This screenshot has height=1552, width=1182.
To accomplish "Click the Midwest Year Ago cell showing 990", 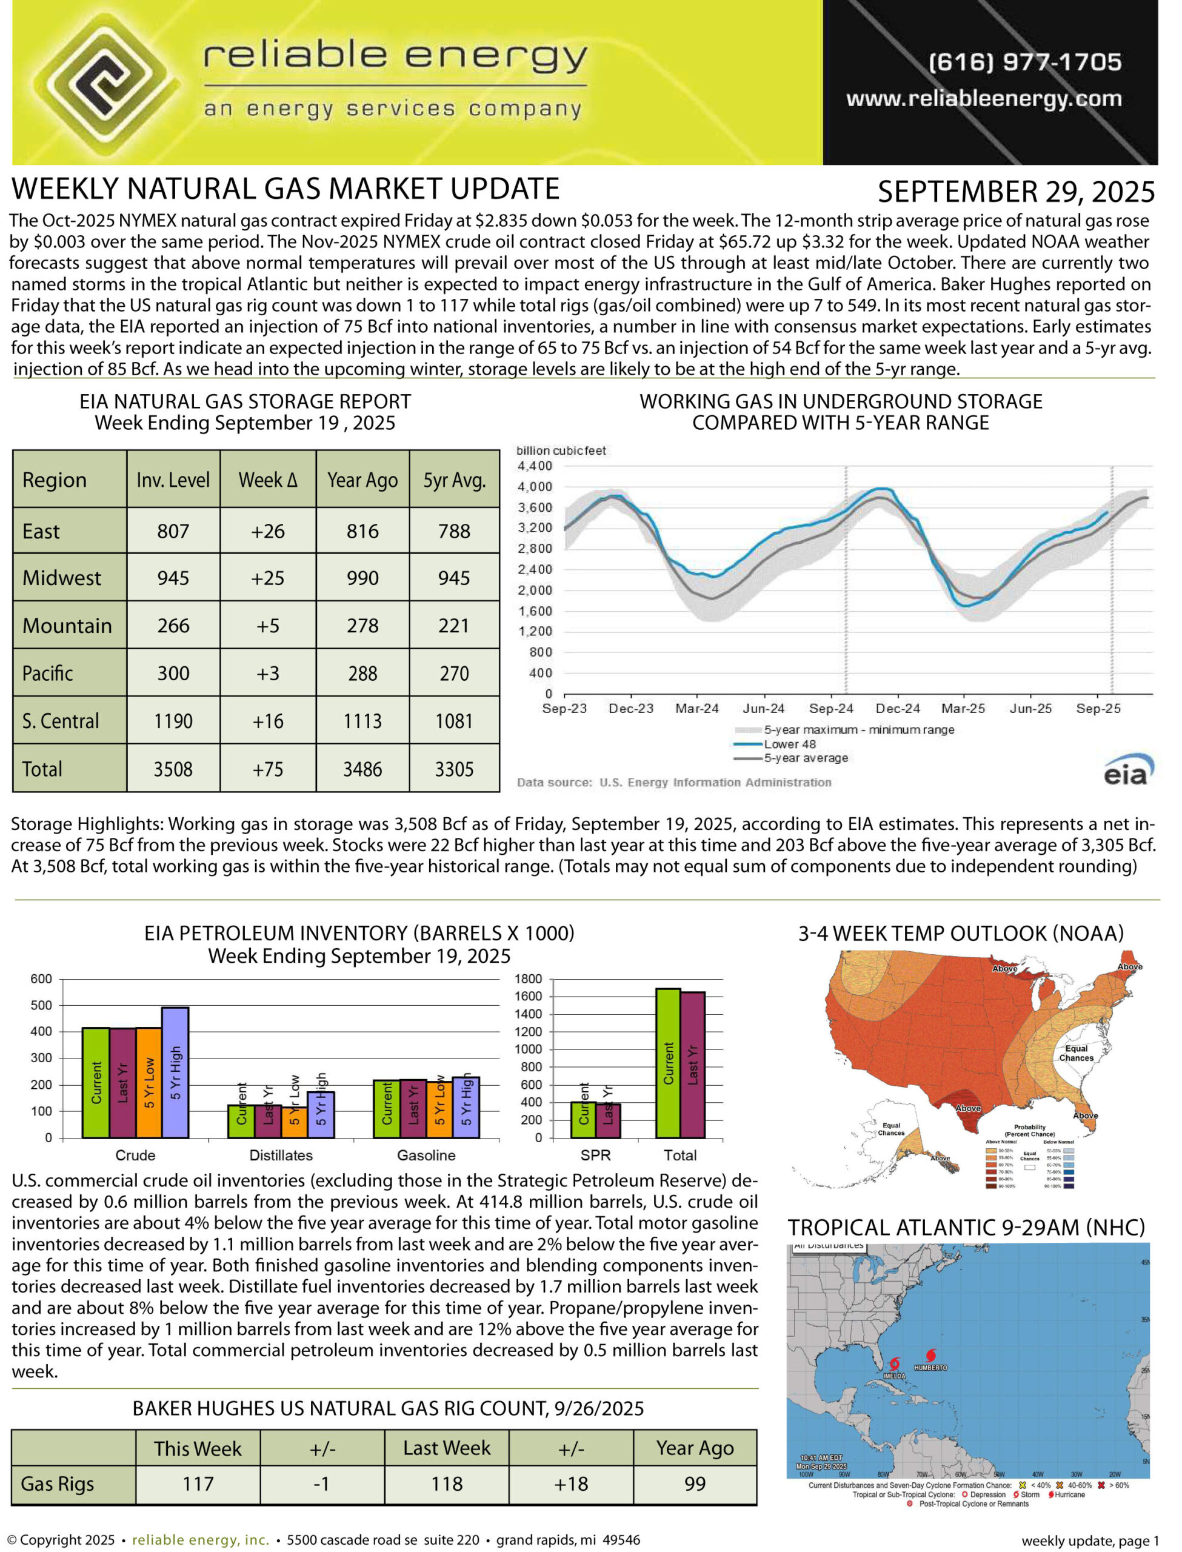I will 362,578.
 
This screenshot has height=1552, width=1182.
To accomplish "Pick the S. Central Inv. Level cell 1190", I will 173,721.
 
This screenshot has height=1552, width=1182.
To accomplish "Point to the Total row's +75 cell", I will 268,769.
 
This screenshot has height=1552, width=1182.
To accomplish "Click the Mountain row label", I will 67,626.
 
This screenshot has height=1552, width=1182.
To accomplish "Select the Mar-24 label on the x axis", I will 696,709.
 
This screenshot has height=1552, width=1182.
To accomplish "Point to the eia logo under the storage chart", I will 1127,771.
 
